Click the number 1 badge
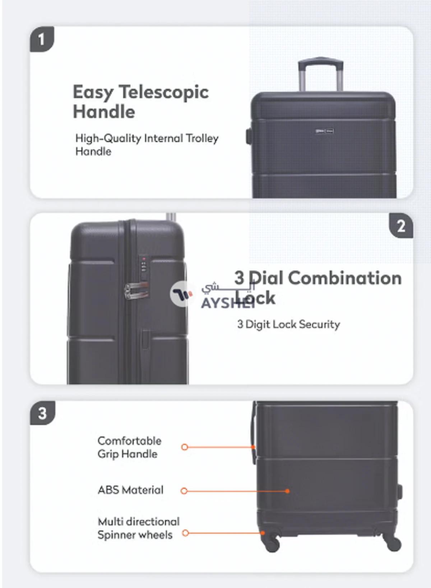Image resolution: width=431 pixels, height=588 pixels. pyautogui.click(x=42, y=39)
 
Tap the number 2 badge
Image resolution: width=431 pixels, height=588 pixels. pyautogui.click(x=401, y=226)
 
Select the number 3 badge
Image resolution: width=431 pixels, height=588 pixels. pyautogui.click(x=42, y=413)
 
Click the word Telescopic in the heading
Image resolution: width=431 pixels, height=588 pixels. pyautogui.click(x=164, y=92)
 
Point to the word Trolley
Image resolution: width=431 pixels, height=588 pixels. pyautogui.click(x=202, y=138)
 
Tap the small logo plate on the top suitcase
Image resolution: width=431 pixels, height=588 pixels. pyautogui.click(x=325, y=131)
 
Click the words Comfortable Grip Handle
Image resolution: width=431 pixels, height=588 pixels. pyautogui.click(x=129, y=447)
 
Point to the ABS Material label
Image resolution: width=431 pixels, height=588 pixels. pyautogui.click(x=130, y=490)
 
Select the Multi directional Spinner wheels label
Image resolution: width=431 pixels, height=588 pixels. pyautogui.click(x=138, y=528)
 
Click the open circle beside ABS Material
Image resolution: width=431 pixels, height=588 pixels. pyautogui.click(x=184, y=491)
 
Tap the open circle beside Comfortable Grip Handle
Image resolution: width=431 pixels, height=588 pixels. pyautogui.click(x=185, y=447)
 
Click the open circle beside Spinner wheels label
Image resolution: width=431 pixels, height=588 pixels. pyautogui.click(x=185, y=533)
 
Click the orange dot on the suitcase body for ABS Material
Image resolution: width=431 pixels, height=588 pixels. pyautogui.click(x=287, y=491)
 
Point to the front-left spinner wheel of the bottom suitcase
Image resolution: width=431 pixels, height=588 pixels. pyautogui.click(x=272, y=544)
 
